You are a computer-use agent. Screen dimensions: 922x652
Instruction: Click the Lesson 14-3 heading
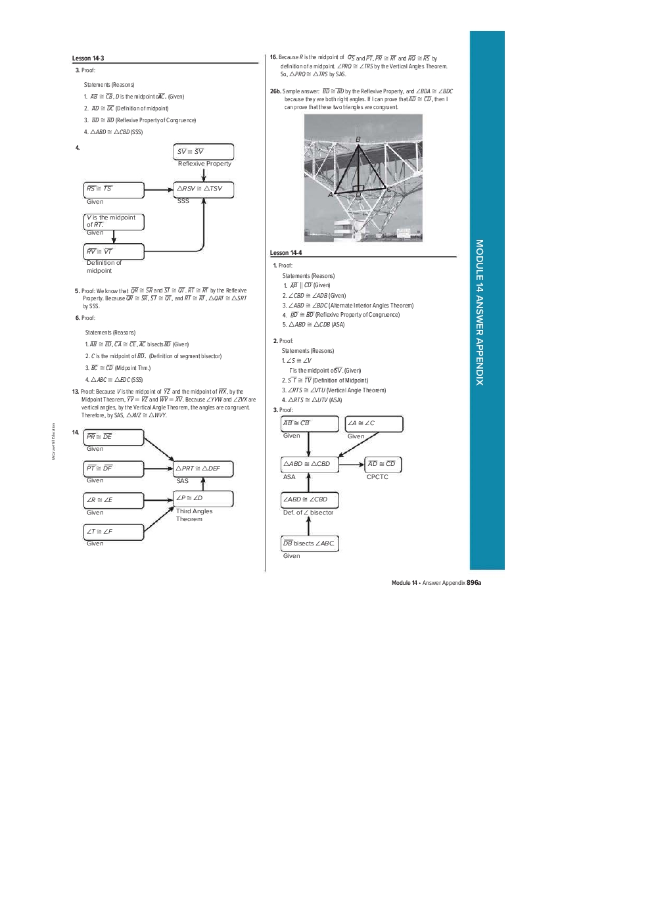pos(88,58)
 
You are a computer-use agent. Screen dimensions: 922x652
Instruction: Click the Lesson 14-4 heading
pos(286,253)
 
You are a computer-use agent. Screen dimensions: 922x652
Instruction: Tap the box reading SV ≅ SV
pos(204,152)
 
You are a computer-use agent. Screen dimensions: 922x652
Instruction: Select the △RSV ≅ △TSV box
pos(204,189)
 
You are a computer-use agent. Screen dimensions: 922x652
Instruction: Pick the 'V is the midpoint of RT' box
pos(114,221)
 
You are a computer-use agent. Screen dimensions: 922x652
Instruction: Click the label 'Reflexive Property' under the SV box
pos(204,164)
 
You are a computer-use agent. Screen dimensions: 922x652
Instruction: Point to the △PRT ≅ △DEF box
pos(203,469)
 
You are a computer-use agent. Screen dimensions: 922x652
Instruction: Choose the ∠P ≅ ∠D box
pos(203,499)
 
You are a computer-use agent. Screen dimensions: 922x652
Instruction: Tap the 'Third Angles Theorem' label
pos(194,515)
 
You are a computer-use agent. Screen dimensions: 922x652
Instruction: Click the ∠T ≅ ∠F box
pos(114,532)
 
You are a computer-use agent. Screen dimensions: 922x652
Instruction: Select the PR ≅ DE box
pos(114,437)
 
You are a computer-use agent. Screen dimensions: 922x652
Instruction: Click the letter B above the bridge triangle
pos(358,139)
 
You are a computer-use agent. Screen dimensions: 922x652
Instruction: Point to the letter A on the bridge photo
pos(331,195)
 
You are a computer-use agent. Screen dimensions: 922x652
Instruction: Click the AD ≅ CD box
pos(383,465)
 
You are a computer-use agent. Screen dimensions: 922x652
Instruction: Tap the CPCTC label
pos(377,477)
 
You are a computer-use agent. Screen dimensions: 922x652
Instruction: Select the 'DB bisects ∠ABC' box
pos(310,543)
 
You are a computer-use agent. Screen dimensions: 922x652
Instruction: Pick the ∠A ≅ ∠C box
pos(374,424)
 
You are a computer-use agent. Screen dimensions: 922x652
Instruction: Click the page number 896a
pos(474,583)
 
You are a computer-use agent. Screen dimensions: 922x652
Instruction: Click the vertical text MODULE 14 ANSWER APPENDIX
pos(480,312)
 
